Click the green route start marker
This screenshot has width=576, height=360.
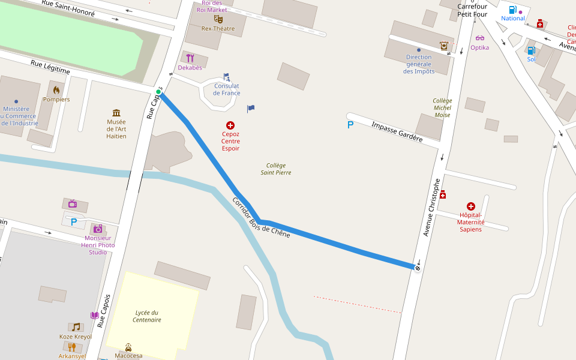pyautogui.click(x=158, y=92)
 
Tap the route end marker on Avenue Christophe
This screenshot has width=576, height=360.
pyautogui.click(x=418, y=267)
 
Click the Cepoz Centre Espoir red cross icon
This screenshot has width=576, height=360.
pyautogui.click(x=230, y=125)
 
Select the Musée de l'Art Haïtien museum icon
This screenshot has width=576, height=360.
pyautogui.click(x=116, y=113)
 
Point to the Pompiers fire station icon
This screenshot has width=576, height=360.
pyautogui.click(x=56, y=90)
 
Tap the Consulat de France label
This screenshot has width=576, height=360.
pyautogui.click(x=227, y=89)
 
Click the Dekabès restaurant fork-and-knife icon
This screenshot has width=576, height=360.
pyautogui.click(x=190, y=58)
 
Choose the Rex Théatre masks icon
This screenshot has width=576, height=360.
pyautogui.click(x=218, y=19)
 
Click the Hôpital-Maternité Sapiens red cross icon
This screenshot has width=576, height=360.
pyautogui.click(x=470, y=206)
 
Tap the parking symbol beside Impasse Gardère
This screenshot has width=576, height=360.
pyautogui.click(x=350, y=125)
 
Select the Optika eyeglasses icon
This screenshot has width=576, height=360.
pyautogui.click(x=479, y=38)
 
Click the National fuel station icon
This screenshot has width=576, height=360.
pyautogui.click(x=512, y=10)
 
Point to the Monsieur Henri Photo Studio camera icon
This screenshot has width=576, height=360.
pyautogui.click(x=98, y=229)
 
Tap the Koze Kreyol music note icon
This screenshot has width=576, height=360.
pyautogui.click(x=75, y=327)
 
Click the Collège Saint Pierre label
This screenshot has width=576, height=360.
pyautogui.click(x=276, y=169)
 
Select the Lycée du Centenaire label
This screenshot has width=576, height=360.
pyautogui.click(x=147, y=316)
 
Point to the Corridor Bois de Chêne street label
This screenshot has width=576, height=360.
pyautogui.click(x=261, y=217)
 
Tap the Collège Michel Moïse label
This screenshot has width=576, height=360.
pyautogui.click(x=442, y=107)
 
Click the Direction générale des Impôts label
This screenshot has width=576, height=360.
pyautogui.click(x=419, y=64)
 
